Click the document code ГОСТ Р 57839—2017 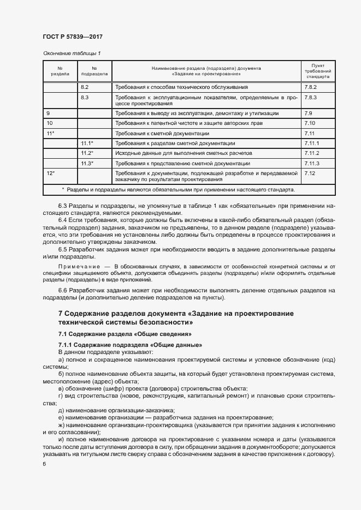point(72,37)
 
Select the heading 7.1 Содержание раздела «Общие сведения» point(125,334)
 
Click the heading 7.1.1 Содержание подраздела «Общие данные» point(131,345)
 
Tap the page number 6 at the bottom point(44,463)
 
